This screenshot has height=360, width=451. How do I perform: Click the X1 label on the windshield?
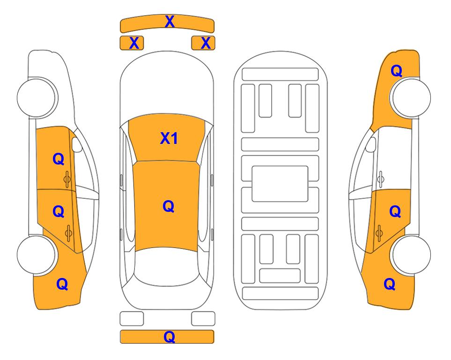tap(169, 139)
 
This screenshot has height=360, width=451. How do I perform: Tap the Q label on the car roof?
tap(169, 206)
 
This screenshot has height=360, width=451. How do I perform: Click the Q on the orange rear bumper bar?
tap(169, 337)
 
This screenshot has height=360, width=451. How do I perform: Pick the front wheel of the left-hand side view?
tap(37, 97)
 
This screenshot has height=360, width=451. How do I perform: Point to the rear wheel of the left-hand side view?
tap(37, 255)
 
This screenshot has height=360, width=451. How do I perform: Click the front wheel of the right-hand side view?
tap(411, 97)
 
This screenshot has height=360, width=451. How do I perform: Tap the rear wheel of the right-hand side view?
tap(411, 255)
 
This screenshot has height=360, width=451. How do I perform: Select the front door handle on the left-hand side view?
tap(67, 179)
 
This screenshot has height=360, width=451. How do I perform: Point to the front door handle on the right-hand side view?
tap(380, 179)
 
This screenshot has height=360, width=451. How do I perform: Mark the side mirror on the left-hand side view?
tap(76, 144)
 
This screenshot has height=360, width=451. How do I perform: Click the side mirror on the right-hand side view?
tap(371, 144)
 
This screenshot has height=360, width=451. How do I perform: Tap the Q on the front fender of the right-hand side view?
tap(396, 71)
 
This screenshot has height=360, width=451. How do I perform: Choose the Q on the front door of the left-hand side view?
tap(59, 159)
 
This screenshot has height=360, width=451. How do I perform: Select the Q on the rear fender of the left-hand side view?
tap(62, 284)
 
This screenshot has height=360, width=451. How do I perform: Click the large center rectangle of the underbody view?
tap(280, 184)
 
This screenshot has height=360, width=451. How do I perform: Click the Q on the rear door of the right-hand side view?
tap(395, 212)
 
